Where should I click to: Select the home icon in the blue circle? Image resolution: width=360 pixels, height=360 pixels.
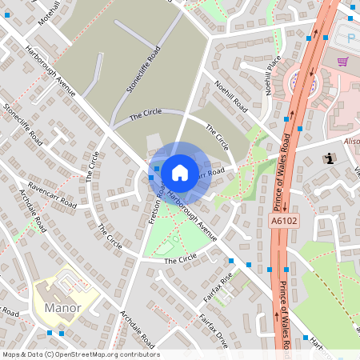pyautogui.click(x=180, y=172)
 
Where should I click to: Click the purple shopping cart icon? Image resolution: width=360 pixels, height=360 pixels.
pyautogui.click(x=343, y=61)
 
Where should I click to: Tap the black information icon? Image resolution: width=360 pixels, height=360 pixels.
pyautogui.click(x=329, y=158)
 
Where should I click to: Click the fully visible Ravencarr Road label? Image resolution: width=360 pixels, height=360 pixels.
pyautogui.click(x=52, y=194)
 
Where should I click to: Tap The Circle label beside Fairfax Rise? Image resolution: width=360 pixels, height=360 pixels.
pyautogui.click(x=180, y=258)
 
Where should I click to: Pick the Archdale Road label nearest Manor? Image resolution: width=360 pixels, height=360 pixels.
pyautogui.click(x=137, y=328)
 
